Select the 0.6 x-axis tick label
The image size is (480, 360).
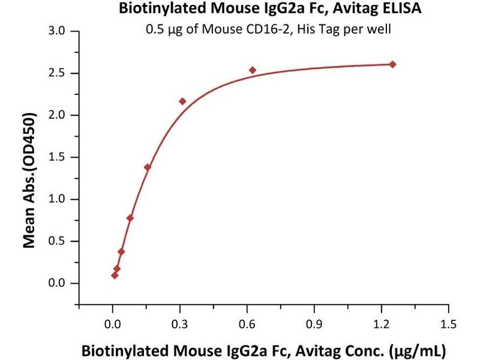pyautogui.click(x=247, y=325)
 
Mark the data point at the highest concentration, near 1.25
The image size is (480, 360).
pyautogui.click(x=392, y=64)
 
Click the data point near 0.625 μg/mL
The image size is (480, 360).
pyautogui.click(x=253, y=70)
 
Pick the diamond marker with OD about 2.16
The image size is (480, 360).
pyautogui.click(x=182, y=101)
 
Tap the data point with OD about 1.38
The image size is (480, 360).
pyautogui.click(x=148, y=167)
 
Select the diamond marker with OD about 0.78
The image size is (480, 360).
pyautogui.click(x=130, y=218)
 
